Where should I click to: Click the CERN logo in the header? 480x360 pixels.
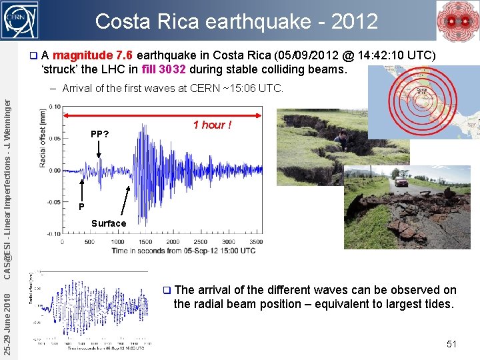21,20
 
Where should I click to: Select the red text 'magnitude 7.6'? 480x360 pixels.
92,55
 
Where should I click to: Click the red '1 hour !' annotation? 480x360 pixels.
212,125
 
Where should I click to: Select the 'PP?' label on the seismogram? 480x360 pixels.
100,134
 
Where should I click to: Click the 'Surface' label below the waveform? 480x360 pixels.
109,223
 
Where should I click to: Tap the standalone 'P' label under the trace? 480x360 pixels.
80,207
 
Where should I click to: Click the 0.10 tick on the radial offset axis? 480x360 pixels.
53,107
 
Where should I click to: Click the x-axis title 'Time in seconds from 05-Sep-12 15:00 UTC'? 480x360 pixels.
183,251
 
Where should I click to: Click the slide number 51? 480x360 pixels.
451,344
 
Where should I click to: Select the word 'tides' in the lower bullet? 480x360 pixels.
440,304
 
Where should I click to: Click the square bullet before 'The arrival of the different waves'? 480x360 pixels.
167,290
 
